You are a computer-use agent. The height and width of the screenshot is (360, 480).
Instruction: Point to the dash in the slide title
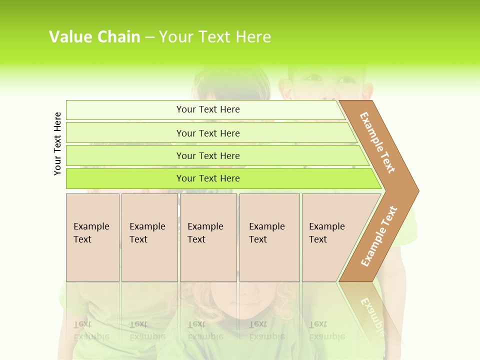tap(149, 37)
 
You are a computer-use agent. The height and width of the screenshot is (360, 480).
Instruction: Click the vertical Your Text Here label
tap(57, 143)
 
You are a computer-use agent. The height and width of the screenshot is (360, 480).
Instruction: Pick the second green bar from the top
tap(207, 133)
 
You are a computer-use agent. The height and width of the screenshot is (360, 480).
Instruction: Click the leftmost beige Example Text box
tap(92, 237)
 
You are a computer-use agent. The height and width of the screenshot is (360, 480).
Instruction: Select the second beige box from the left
tap(149, 237)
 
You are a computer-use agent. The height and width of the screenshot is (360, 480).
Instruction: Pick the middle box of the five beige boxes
tap(208, 237)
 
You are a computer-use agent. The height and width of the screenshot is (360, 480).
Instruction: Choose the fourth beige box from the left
tap(269, 237)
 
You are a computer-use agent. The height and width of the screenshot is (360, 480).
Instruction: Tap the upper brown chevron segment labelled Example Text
tap(378, 142)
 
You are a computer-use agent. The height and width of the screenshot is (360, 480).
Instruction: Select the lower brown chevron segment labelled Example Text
tap(378, 236)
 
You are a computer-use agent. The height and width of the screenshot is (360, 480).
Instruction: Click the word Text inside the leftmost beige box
tap(82, 239)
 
